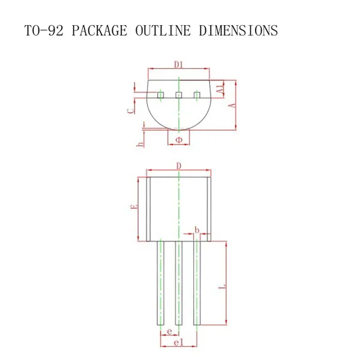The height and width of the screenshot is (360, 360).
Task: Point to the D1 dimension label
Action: pyautogui.click(x=179, y=64)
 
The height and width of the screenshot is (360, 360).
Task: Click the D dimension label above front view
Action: pyautogui.click(x=178, y=166)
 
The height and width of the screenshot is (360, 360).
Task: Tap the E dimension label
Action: pyautogui.click(x=135, y=206)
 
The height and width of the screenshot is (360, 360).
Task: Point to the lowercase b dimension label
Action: pyautogui.click(x=197, y=230)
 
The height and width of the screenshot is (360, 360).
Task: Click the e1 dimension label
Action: pyautogui.click(x=178, y=342)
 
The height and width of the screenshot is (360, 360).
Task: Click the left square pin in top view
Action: pyautogui.click(x=160, y=95)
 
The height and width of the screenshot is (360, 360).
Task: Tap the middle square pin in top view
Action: pyautogui.click(x=178, y=95)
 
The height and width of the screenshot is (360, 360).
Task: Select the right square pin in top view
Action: pyautogui.click(x=197, y=95)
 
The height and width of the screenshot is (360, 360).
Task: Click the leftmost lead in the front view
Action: pyautogui.click(x=160, y=282)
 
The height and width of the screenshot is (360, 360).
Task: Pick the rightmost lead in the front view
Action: pyautogui.click(x=197, y=282)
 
